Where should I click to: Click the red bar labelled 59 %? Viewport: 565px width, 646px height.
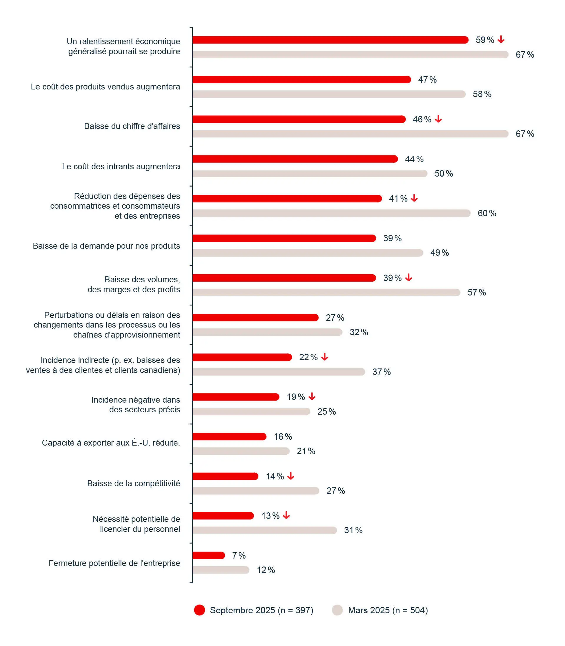click(x=330, y=40)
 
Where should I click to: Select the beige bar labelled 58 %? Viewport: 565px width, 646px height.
click(x=329, y=94)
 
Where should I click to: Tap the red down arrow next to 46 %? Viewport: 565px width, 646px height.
click(x=438, y=119)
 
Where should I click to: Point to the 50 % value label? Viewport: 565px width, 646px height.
click(x=444, y=174)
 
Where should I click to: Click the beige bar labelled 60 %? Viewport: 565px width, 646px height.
click(x=331, y=213)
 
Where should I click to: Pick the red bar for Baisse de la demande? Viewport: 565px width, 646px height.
click(x=284, y=238)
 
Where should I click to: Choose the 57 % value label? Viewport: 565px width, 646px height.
click(x=476, y=293)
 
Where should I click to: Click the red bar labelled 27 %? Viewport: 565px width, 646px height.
click(x=255, y=318)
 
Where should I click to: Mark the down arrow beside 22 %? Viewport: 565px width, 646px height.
click(x=325, y=357)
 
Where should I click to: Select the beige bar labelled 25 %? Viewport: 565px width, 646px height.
click(x=251, y=411)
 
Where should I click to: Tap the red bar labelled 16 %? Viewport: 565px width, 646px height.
click(x=229, y=437)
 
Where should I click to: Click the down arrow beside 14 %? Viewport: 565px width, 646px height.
click(x=291, y=476)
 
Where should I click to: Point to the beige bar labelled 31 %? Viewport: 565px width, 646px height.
click(x=265, y=530)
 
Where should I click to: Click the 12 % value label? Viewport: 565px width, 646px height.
click(x=266, y=570)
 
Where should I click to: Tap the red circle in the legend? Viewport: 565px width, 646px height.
click(x=199, y=610)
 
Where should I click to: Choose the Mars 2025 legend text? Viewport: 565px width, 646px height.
click(x=388, y=610)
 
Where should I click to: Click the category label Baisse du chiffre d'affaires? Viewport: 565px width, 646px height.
click(x=132, y=126)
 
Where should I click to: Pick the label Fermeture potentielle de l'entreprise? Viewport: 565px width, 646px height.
click(x=114, y=563)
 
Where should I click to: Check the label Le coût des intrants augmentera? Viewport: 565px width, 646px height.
click(x=121, y=167)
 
